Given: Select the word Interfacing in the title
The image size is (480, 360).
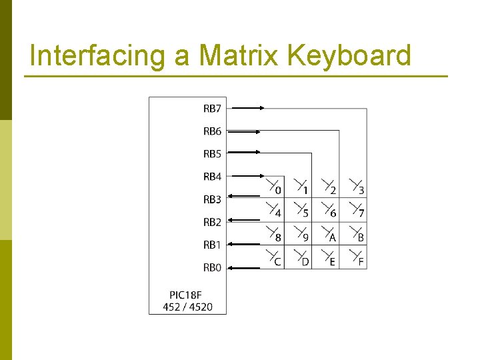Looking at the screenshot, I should [97, 56].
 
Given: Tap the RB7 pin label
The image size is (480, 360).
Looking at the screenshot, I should [212, 108].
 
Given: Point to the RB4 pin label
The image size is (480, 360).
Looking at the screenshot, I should [212, 177].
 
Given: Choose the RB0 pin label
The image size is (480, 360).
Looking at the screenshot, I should [212, 268].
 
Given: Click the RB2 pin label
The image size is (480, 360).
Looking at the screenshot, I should [212, 222].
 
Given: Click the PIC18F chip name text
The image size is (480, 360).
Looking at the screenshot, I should [187, 295].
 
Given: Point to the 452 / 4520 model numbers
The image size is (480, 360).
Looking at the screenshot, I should [187, 307].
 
